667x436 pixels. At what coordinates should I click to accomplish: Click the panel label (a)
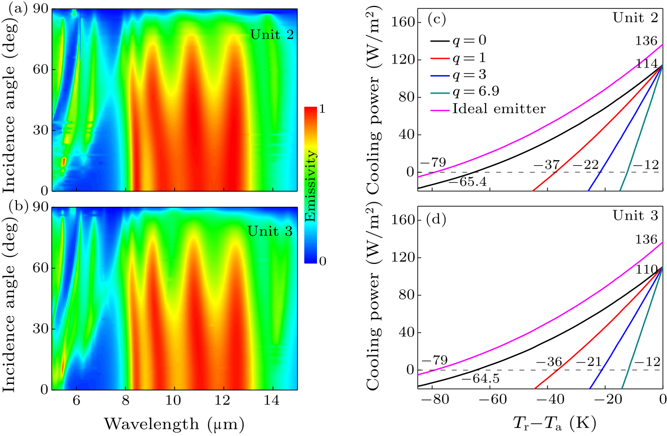11,9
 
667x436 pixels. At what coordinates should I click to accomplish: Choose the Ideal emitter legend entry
498,109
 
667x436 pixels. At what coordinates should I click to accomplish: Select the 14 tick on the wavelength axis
272,401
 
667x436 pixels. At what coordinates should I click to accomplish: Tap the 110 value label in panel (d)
646,268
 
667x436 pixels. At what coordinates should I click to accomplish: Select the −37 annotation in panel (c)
546,165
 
